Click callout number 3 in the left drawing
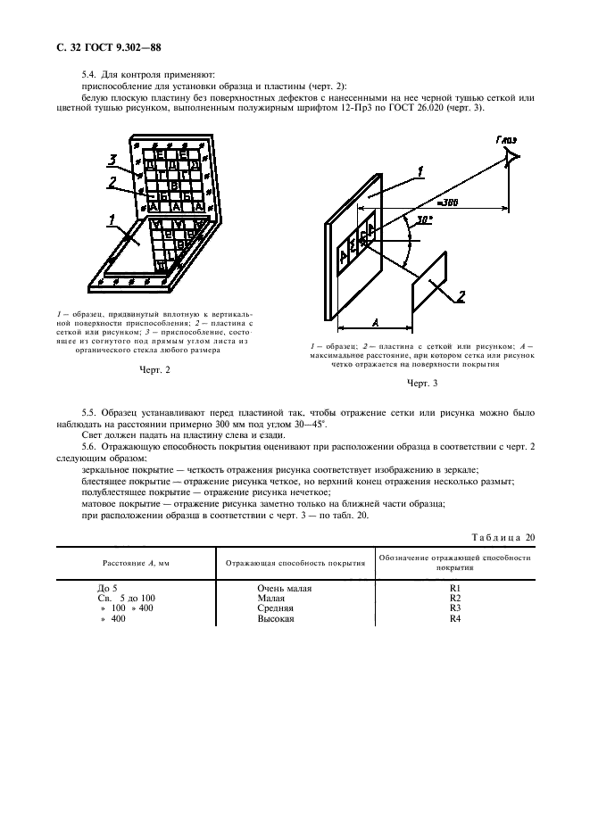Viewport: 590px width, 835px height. click(112, 161)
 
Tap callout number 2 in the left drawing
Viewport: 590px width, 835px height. click(112, 182)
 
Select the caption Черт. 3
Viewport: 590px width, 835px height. click(422, 383)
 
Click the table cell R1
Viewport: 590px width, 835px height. click(453, 589)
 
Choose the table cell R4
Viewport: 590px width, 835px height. click(453, 618)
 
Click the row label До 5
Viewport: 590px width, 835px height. click(107, 589)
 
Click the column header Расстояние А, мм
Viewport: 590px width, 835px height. click(134, 563)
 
